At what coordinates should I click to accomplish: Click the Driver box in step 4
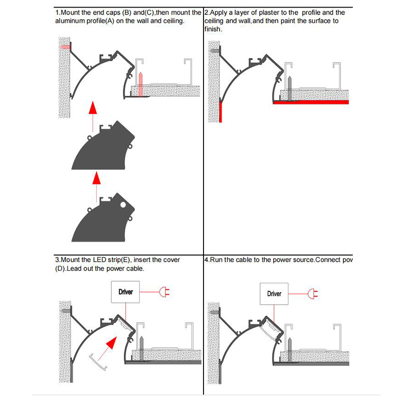click(x=274, y=294)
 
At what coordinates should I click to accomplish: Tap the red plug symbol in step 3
click(x=164, y=292)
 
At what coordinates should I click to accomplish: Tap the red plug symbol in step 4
click(x=313, y=293)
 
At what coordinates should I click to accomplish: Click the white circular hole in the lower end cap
click(x=122, y=205)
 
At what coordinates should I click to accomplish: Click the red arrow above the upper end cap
click(x=92, y=109)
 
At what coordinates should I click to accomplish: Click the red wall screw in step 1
click(x=64, y=47)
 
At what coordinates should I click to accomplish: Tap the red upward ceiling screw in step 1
click(x=142, y=83)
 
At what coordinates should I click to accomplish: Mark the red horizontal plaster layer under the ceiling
click(x=311, y=102)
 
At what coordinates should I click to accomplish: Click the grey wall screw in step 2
click(x=214, y=50)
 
